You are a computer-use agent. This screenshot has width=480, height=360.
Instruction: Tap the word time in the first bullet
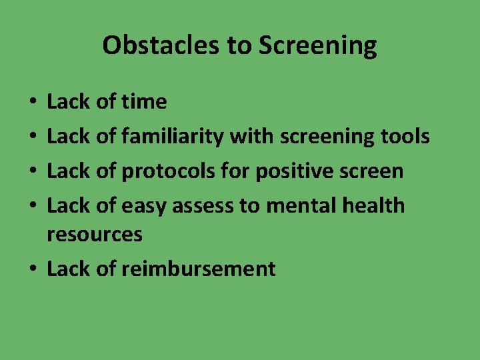[x=144, y=102]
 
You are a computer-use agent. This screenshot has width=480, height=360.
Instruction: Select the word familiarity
[x=173, y=137]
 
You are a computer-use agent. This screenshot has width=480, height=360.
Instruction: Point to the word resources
[x=95, y=234]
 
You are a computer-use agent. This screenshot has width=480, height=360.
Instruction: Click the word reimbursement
[x=198, y=269]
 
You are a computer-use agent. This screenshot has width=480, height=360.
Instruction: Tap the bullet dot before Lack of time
[x=33, y=103]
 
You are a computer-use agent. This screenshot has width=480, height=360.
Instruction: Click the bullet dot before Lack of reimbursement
[x=33, y=269]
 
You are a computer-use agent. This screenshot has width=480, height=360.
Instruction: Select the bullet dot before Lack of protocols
[x=33, y=171]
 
